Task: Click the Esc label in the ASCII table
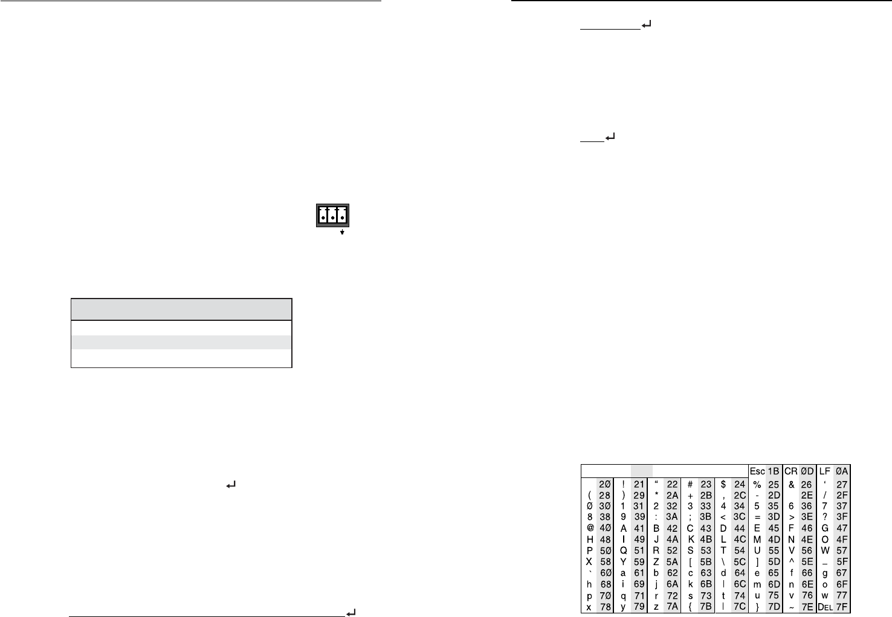(757, 471)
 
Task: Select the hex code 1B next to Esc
(773, 471)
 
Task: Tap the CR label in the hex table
(791, 471)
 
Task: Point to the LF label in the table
(825, 471)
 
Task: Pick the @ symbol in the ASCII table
(589, 528)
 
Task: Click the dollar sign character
(723, 484)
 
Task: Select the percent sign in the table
(757, 484)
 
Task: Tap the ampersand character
(791, 484)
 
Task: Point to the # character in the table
(690, 484)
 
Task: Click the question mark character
(825, 517)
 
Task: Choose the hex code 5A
(672, 561)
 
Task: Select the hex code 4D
(774, 539)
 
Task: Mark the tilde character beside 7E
(791, 606)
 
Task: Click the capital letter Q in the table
(623, 551)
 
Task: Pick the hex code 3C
(740, 517)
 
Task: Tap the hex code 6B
(706, 584)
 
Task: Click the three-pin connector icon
(334, 215)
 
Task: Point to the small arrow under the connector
(342, 232)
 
